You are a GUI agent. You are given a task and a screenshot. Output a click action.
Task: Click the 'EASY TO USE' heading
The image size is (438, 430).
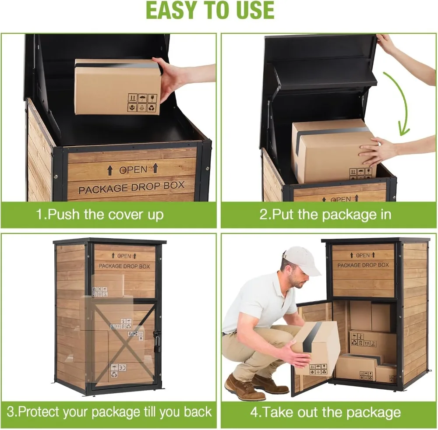point(210,11)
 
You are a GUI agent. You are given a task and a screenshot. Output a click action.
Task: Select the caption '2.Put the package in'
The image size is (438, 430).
point(325,215)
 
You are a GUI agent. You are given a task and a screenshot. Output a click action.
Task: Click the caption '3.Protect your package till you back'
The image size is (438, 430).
point(109,412)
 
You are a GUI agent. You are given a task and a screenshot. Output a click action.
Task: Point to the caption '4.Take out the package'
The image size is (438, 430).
point(325,412)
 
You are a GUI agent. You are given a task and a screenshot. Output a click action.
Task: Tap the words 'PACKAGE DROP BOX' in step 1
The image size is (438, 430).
point(131,188)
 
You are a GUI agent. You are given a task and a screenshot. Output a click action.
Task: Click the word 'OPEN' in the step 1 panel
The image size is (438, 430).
point(133,170)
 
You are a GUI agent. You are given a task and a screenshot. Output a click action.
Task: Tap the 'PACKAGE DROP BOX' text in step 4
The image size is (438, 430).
point(363,265)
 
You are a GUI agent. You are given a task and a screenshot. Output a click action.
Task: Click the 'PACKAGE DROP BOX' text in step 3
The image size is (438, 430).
point(124,266)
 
